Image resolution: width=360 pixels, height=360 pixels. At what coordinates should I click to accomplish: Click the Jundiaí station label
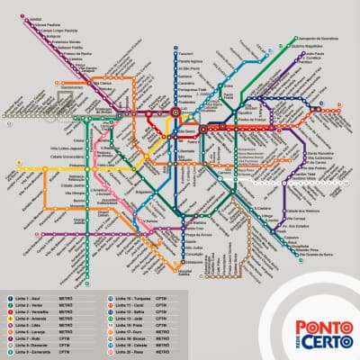[35, 19]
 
